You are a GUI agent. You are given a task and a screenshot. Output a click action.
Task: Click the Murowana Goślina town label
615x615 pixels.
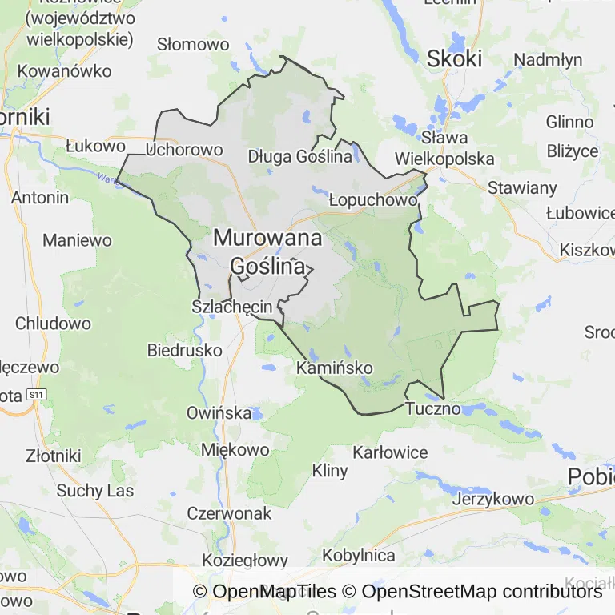(267, 251)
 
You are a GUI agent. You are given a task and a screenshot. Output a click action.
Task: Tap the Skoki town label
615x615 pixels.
(455, 58)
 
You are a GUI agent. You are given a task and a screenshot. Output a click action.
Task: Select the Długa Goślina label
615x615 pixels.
(300, 156)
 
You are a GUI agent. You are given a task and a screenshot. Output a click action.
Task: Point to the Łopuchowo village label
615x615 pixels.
(373, 200)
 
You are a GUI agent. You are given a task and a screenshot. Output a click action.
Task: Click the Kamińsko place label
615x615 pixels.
(335, 368)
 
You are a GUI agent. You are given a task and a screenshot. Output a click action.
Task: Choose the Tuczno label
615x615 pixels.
(433, 408)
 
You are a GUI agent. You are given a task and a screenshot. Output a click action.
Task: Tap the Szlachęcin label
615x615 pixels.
(233, 307)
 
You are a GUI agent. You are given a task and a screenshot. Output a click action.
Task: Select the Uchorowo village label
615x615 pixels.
(185, 150)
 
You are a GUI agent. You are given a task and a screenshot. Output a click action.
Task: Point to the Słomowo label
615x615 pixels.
(193, 44)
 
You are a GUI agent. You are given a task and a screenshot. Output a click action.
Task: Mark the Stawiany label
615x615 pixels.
(523, 188)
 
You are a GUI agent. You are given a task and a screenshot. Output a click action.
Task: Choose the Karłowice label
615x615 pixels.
(390, 452)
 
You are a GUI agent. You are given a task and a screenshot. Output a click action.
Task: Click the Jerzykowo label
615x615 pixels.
(493, 499)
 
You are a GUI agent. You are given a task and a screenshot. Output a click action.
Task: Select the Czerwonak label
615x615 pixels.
(229, 513)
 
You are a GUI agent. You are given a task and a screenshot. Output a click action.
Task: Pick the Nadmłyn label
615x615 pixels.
(548, 60)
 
